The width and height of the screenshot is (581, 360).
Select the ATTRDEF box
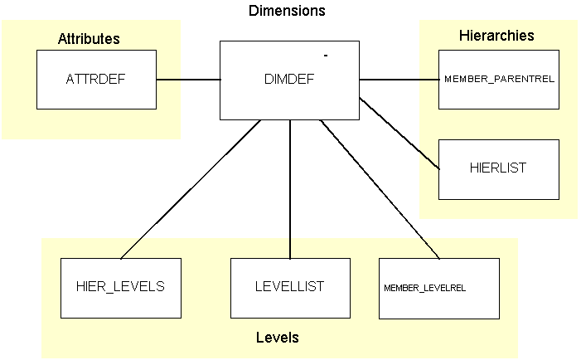click(96, 80)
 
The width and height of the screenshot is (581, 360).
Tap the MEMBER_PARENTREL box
click(499, 80)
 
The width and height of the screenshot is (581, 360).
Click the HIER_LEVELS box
click(121, 288)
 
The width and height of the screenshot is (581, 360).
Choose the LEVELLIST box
click(290, 288)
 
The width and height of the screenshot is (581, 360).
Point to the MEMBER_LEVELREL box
click(439, 288)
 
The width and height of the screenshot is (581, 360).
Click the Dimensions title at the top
click(287, 12)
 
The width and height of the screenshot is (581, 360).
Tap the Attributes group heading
click(89, 39)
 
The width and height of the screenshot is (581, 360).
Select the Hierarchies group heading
click(496, 36)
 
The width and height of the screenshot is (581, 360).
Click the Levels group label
click(277, 338)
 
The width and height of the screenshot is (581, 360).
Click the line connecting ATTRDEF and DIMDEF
click(188, 80)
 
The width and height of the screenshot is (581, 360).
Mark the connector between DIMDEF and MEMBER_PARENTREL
click(399, 80)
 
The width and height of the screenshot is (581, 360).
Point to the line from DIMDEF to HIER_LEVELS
click(191, 189)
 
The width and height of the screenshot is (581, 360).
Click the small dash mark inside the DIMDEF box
click(326, 56)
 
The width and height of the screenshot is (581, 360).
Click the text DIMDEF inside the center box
click(289, 80)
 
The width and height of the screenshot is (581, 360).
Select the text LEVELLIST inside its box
click(290, 287)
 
